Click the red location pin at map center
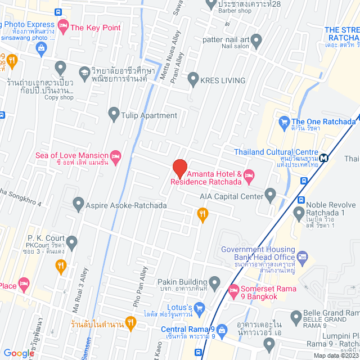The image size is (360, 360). [x=179, y=168]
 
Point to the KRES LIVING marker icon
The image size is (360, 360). [x=193, y=80]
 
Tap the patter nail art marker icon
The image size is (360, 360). [x=256, y=40]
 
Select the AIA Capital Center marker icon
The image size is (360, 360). [x=271, y=196]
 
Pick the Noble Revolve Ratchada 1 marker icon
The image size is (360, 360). [x=298, y=212]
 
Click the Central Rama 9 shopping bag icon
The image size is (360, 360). [x=222, y=329]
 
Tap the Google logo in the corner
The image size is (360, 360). [x=19, y=353]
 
